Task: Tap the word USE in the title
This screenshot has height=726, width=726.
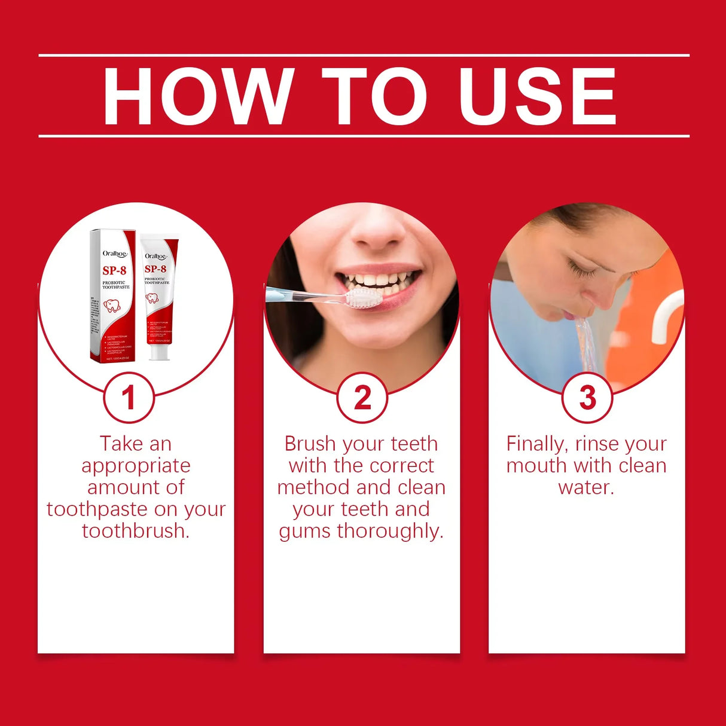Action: (x=536, y=97)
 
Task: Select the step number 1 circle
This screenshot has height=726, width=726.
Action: (x=129, y=398)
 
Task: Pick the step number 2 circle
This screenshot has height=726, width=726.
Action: (x=362, y=398)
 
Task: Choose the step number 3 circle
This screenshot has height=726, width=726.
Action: (x=587, y=398)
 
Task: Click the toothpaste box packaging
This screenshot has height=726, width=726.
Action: (x=113, y=296)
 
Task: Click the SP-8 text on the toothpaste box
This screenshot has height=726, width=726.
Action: (x=114, y=270)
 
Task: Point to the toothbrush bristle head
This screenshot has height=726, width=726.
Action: (x=364, y=297)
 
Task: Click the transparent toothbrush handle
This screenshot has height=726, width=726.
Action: (x=305, y=294)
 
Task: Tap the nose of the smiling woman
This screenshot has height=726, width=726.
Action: (x=378, y=230)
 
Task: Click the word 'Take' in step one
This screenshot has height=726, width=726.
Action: (x=120, y=444)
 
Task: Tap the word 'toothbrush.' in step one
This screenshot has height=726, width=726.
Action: (x=136, y=531)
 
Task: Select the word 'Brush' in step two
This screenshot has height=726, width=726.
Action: (x=310, y=444)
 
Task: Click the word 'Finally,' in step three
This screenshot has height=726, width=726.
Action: (x=536, y=444)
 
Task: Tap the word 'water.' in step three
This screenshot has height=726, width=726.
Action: (x=586, y=487)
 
